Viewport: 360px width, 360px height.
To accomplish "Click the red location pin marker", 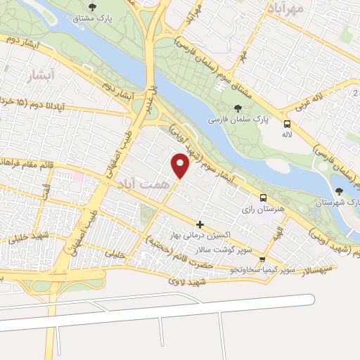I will (181, 165).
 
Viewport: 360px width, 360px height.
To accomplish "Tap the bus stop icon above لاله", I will (286, 122).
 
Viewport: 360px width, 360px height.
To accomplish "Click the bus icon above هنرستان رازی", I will (263, 198).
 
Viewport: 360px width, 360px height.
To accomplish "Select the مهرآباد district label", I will (285, 9).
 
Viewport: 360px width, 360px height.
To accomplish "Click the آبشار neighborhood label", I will (33, 73).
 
